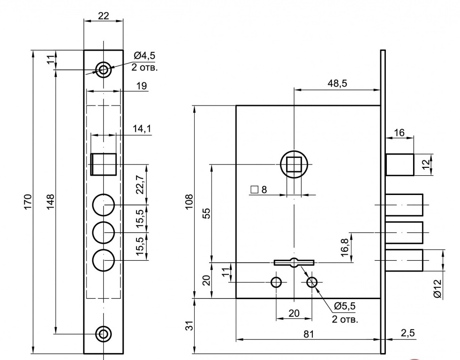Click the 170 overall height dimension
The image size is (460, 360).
tap(28, 202)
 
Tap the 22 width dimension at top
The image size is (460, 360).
tap(104, 15)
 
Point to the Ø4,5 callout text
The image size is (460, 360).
tap(144, 56)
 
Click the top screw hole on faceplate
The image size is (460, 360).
tap(104, 70)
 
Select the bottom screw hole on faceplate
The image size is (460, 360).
tap(104, 334)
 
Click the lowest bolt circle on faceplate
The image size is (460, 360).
tap(104, 261)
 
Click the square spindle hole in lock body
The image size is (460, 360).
tap(294, 164)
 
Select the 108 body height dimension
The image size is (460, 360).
tap(189, 202)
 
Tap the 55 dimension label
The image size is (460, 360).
tap(206, 213)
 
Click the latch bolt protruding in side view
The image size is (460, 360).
tap(400, 165)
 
